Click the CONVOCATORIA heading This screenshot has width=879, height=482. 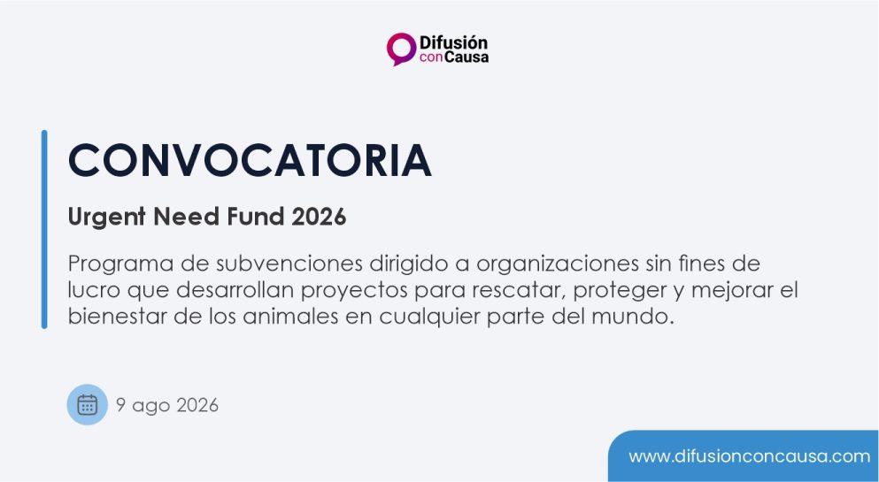coord(250,161)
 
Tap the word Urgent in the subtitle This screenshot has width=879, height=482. coord(106,218)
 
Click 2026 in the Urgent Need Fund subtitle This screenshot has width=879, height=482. coord(319,217)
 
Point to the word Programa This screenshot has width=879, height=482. coord(120,264)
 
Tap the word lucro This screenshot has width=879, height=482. coord(94,290)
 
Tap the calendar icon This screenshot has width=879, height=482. coord(87,404)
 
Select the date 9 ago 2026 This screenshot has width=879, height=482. coord(167,405)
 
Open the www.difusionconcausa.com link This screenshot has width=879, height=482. coord(750,456)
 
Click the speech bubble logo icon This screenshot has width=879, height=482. coord(401,49)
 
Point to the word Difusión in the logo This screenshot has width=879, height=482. coord(453,42)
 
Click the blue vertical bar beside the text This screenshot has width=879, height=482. coord(44,230)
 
